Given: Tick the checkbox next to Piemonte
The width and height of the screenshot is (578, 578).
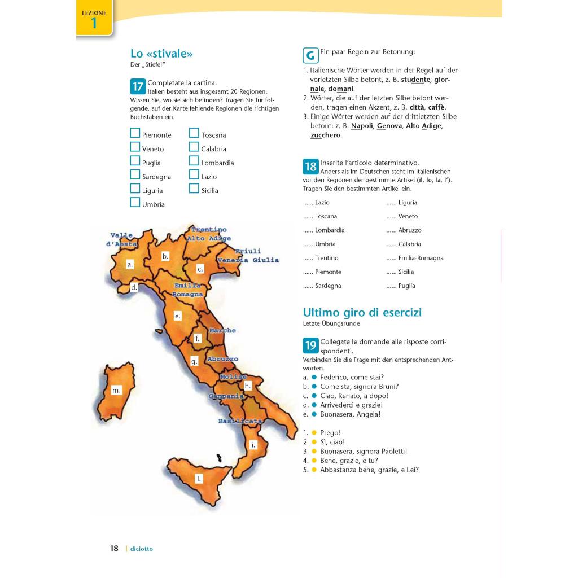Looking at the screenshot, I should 135,133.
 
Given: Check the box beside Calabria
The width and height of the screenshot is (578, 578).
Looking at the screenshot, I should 194,147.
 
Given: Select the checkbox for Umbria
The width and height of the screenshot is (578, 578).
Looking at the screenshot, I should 135,202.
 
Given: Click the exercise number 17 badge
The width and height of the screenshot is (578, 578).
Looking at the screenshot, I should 138,86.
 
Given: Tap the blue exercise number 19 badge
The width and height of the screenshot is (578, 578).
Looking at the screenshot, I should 310,345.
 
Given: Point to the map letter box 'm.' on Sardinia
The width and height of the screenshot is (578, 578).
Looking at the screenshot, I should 116,390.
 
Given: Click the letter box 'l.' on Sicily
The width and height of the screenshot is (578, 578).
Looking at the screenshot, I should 199,479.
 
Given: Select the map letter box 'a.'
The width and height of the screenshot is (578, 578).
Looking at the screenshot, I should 130,264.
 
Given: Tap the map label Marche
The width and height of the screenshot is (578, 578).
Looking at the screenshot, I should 222,330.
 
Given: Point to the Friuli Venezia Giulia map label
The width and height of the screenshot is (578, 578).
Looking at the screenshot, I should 248,256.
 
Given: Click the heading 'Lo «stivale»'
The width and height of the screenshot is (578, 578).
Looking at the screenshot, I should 161,54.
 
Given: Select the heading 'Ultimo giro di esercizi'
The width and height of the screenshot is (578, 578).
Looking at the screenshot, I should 362,312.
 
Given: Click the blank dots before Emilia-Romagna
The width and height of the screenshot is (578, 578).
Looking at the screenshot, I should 391,258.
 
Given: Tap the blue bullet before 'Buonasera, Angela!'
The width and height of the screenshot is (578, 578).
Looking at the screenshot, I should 314,414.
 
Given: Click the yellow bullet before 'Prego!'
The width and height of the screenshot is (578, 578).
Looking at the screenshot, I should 314,433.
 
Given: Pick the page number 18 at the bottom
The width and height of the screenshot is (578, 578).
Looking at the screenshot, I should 114,548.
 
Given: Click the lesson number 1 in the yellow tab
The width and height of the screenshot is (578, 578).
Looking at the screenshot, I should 94,23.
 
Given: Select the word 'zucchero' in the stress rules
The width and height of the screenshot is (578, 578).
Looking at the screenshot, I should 326,135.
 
